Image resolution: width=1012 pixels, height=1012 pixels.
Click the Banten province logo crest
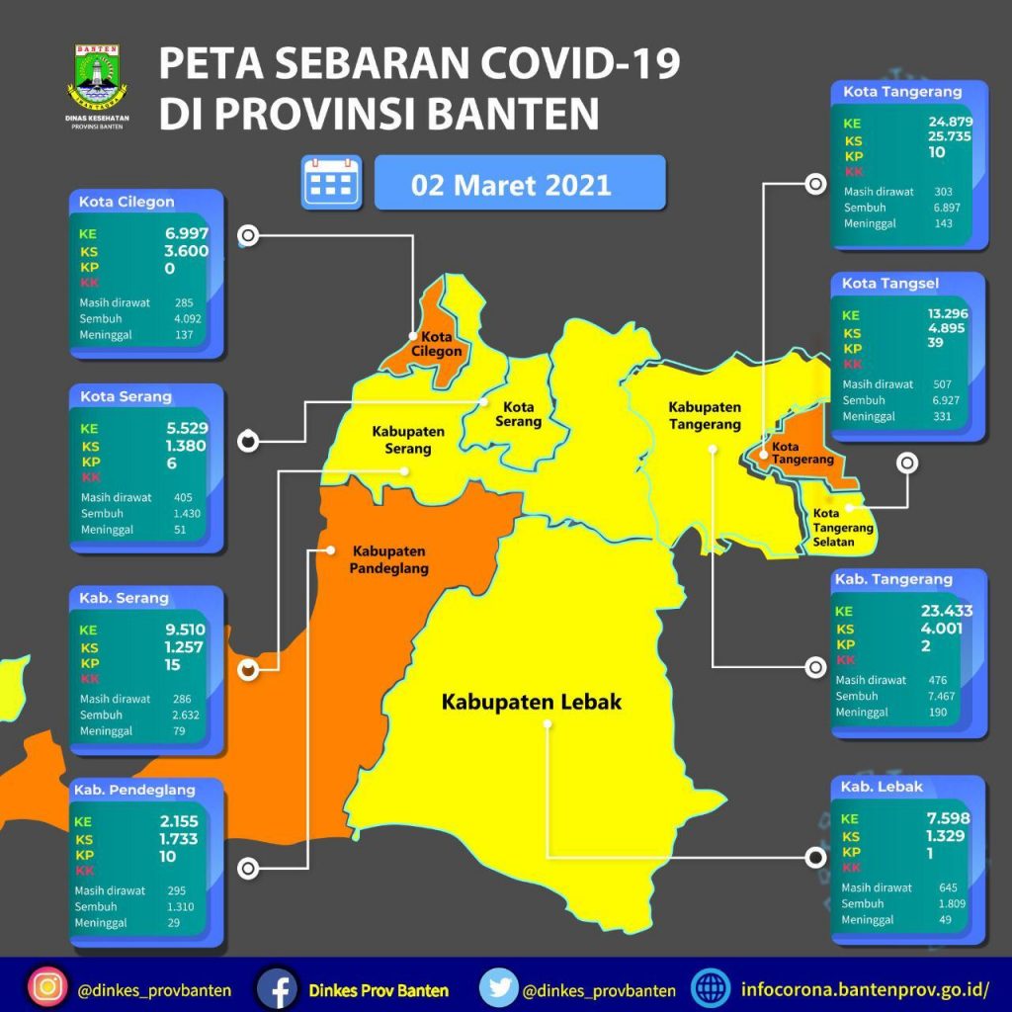click(x=95, y=72)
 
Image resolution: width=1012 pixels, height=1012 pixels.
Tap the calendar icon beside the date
click(x=332, y=182)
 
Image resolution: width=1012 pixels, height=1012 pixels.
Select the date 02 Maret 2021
click(x=512, y=184)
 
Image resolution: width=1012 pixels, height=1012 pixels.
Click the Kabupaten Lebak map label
click(x=532, y=703)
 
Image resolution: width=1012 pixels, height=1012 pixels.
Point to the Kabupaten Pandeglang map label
click(x=388, y=559)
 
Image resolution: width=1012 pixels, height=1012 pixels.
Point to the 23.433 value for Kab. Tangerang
click(x=946, y=611)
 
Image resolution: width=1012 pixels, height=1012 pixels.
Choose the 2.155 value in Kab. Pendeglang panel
click(x=179, y=820)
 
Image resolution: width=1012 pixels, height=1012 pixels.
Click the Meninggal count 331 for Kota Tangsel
click(x=941, y=416)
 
